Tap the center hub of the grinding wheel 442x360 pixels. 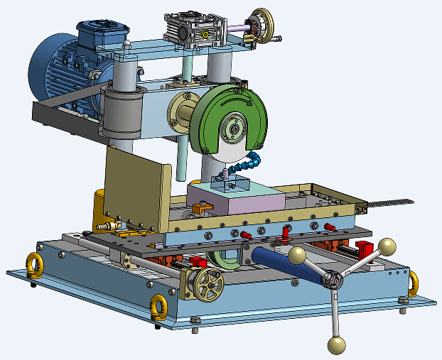[x=232, y=131]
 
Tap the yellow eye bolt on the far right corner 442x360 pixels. [x=413, y=283]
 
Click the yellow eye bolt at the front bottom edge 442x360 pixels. [x=159, y=307]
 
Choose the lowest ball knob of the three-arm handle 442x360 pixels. [x=336, y=345]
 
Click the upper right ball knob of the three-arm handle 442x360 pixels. [x=387, y=246]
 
